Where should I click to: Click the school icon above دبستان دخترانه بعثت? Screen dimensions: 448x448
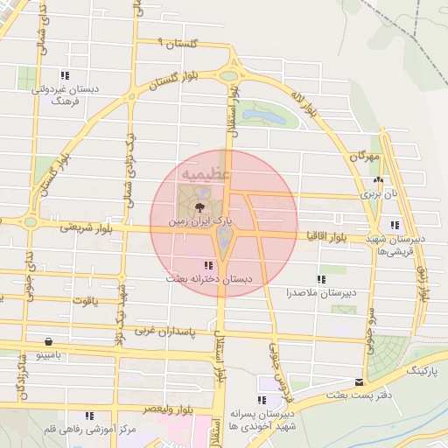[x=207, y=264]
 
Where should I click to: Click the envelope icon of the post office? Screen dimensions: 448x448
[x=360, y=382]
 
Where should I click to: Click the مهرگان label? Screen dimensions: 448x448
[x=366, y=156]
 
